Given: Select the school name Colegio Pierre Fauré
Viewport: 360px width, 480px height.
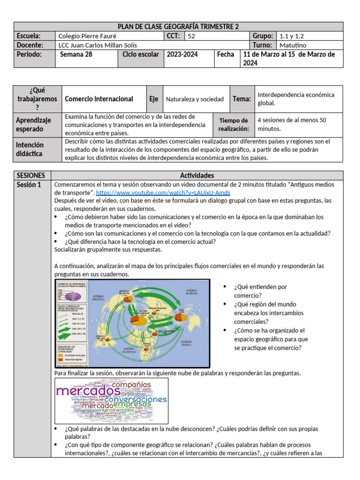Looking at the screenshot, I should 86,36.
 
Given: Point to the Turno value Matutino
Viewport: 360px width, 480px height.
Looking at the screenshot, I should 293,45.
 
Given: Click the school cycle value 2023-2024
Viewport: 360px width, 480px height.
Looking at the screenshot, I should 182,54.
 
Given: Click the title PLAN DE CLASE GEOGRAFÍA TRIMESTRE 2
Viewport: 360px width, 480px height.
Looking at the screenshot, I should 178,27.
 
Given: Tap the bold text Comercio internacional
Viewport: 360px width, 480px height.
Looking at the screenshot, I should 98,99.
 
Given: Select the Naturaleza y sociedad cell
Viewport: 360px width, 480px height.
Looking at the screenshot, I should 195,99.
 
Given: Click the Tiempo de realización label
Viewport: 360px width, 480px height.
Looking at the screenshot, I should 233,124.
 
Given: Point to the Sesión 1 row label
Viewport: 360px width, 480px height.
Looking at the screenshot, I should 29,185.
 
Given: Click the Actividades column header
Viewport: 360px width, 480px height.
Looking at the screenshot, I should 197,175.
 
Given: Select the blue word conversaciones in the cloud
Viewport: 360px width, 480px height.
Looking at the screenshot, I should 135,399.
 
